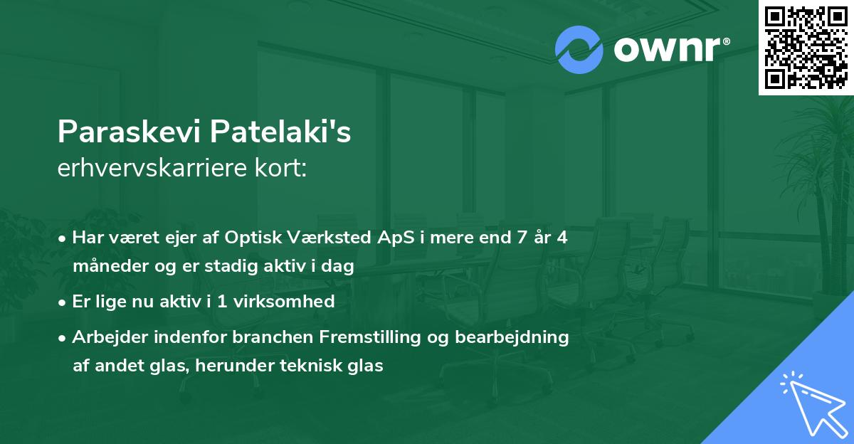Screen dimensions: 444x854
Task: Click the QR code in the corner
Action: (x=805, y=48)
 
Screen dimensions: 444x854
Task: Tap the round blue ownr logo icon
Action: (x=580, y=49)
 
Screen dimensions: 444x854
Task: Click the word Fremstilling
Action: (x=366, y=337)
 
